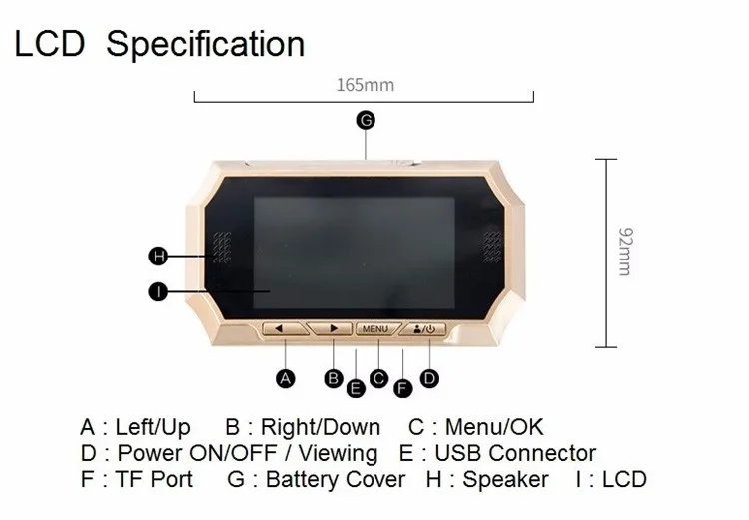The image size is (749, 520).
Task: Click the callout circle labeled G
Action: click(366, 120)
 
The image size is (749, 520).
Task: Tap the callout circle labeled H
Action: click(157, 257)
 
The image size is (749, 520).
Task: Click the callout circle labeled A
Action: click(286, 378)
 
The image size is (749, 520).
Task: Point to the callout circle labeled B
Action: click(334, 377)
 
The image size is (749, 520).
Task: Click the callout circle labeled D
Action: click(429, 377)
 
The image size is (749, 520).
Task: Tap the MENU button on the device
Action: click(376, 327)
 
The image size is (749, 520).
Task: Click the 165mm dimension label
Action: click(365, 85)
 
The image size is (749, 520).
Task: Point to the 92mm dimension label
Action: click(624, 250)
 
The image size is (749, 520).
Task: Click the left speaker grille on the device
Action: click(221, 247)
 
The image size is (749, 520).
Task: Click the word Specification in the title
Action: click(205, 44)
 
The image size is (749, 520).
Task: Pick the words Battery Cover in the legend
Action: click(336, 480)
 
